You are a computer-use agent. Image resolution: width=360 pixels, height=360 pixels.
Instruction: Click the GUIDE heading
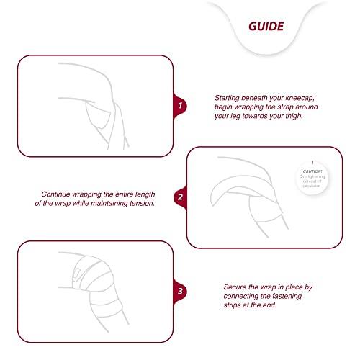[266, 27]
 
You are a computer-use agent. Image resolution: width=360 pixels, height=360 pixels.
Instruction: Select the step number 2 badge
[180, 197]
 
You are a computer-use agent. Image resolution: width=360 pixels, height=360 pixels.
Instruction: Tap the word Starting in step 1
[230, 96]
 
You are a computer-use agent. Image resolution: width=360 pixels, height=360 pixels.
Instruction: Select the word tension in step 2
[139, 203]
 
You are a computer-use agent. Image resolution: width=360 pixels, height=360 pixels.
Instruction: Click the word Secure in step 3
[232, 287]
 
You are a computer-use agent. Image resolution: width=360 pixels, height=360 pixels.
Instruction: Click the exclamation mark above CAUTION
[313, 162]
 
